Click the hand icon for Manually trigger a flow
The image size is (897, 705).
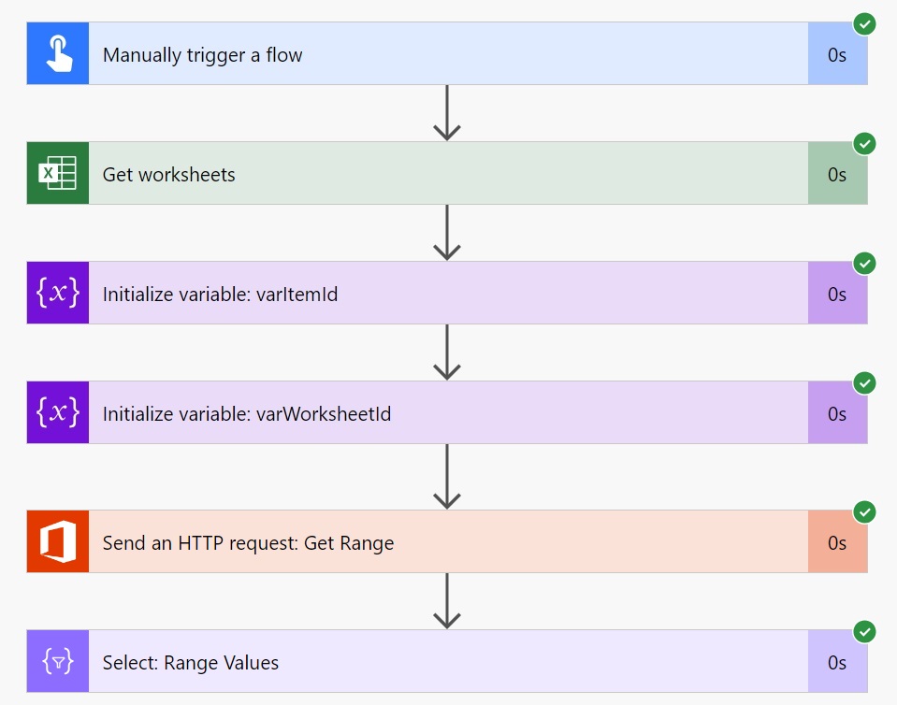coord(58,53)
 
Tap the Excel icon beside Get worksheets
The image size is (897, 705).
coord(57,173)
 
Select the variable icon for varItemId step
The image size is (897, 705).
coord(58,293)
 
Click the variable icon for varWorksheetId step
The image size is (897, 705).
coord(58,412)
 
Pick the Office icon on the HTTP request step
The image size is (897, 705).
coord(58,541)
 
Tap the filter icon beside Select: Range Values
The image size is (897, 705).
coord(58,662)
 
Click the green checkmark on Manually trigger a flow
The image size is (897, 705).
coord(864,24)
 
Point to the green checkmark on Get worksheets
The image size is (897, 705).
coord(864,143)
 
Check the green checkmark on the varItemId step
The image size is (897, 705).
coord(864,263)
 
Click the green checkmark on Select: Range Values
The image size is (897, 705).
coord(864,632)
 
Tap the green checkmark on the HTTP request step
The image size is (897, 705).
coord(864,511)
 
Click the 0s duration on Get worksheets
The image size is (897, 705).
coord(837,175)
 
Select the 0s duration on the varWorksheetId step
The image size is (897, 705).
coord(837,413)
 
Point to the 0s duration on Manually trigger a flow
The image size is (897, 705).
coord(837,55)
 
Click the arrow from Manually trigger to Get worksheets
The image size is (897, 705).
coord(447,112)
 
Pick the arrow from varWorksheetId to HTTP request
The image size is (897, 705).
coord(447,476)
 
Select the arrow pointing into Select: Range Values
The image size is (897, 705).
coord(447,601)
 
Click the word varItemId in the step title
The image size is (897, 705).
coord(297,294)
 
